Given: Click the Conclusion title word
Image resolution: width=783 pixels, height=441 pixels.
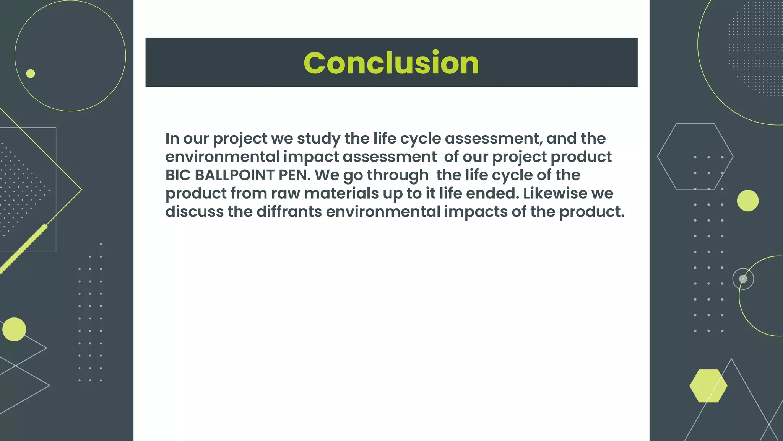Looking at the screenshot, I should pos(391,63).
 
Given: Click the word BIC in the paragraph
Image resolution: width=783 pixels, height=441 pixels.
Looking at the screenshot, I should pos(178,175).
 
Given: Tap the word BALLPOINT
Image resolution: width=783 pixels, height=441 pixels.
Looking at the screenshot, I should pos(234,175).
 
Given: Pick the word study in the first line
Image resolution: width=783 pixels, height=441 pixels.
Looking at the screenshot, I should pos(318,139).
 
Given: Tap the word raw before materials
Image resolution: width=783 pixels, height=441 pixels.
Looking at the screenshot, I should pos(286,193).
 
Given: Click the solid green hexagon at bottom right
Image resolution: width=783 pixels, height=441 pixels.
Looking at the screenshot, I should pos(708,386).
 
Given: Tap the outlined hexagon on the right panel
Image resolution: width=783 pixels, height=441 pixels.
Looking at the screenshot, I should pos(695,156).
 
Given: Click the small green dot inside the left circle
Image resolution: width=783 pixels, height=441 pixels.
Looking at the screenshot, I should pos(31,73).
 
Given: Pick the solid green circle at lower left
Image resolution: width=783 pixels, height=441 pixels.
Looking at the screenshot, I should pos(14,329).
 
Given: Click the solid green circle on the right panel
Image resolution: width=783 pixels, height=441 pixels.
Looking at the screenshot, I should pos(747,201).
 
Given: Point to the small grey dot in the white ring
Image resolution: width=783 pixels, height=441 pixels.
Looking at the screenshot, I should pos(743,279).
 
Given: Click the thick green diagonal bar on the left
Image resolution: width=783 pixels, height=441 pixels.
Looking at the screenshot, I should pos(23,249).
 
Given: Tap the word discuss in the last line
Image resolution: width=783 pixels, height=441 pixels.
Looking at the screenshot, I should pos(194,212).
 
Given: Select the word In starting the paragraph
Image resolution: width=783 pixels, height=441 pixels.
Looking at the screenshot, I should pos(172,139).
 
